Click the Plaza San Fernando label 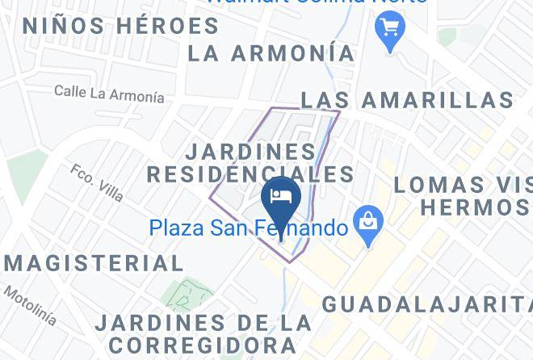[x=248, y=228]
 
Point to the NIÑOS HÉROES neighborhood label [x=121, y=26]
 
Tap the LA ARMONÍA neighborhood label [x=271, y=53]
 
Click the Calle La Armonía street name [x=109, y=94]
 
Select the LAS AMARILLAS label [x=407, y=100]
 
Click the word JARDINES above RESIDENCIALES [x=251, y=151]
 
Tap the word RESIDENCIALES [x=250, y=174]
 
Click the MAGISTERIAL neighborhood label [x=94, y=263]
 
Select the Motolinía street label [x=30, y=305]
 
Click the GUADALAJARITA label [x=426, y=304]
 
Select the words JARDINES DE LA [x=203, y=323]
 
